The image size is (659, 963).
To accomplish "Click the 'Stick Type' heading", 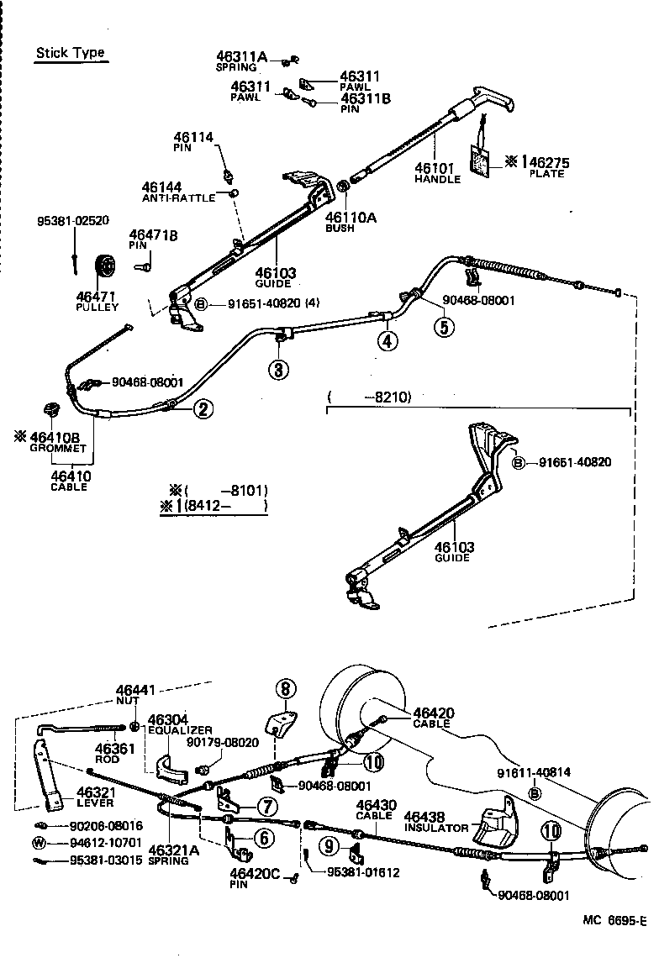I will coord(70,53).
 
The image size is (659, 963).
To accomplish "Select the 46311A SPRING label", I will coord(241,61).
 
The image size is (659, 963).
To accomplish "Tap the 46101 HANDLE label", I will coord(437,173).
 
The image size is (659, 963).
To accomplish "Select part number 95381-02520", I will coord(73,221).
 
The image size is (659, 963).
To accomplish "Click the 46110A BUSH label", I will coord(351,222).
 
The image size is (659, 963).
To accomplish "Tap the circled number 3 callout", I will coord(278,368).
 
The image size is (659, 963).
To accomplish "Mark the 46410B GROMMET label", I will coord(53,442).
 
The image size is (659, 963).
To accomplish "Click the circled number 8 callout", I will coord(285,689).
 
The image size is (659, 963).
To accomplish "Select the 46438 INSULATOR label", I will coord(435,821).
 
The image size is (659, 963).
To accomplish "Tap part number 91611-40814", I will coord(532,773).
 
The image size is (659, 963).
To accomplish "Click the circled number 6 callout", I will coord(262,837).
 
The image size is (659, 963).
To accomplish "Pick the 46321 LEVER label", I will coord(94,797).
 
